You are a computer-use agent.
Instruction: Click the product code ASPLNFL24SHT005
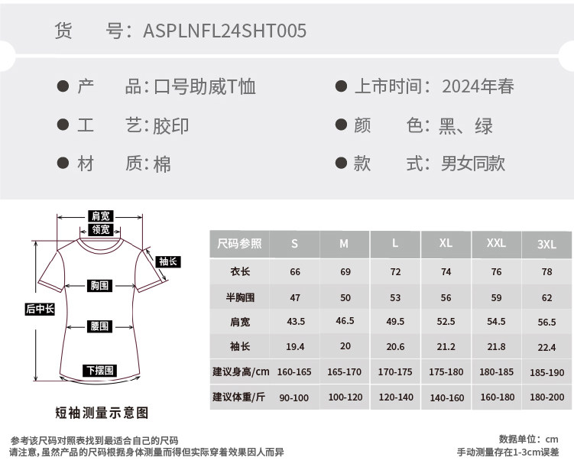click(x=225, y=31)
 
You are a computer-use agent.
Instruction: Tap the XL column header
click(x=446, y=244)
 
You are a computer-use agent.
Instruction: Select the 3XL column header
click(x=546, y=245)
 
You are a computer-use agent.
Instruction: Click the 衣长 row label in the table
click(x=240, y=272)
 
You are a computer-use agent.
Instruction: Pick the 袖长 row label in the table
click(x=240, y=346)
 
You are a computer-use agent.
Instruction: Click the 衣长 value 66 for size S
click(x=295, y=272)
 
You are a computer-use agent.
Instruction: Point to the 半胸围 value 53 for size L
click(x=395, y=297)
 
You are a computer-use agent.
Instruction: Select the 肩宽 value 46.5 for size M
click(x=345, y=322)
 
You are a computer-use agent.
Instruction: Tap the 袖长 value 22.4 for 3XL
click(x=546, y=347)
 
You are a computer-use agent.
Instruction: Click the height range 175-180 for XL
click(x=446, y=372)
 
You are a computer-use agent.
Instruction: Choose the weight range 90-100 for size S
click(x=294, y=397)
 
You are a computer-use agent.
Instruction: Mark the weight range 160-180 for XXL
click(x=496, y=397)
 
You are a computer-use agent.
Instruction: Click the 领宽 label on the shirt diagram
click(x=101, y=229)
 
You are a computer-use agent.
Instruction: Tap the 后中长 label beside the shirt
click(x=40, y=309)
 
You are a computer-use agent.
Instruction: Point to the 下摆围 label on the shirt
click(x=99, y=371)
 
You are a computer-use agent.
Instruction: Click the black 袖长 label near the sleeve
click(x=168, y=261)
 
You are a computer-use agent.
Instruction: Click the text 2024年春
click(x=478, y=86)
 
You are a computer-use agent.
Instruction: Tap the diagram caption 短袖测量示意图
click(x=102, y=413)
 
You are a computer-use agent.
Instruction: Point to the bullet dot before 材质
click(x=63, y=163)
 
